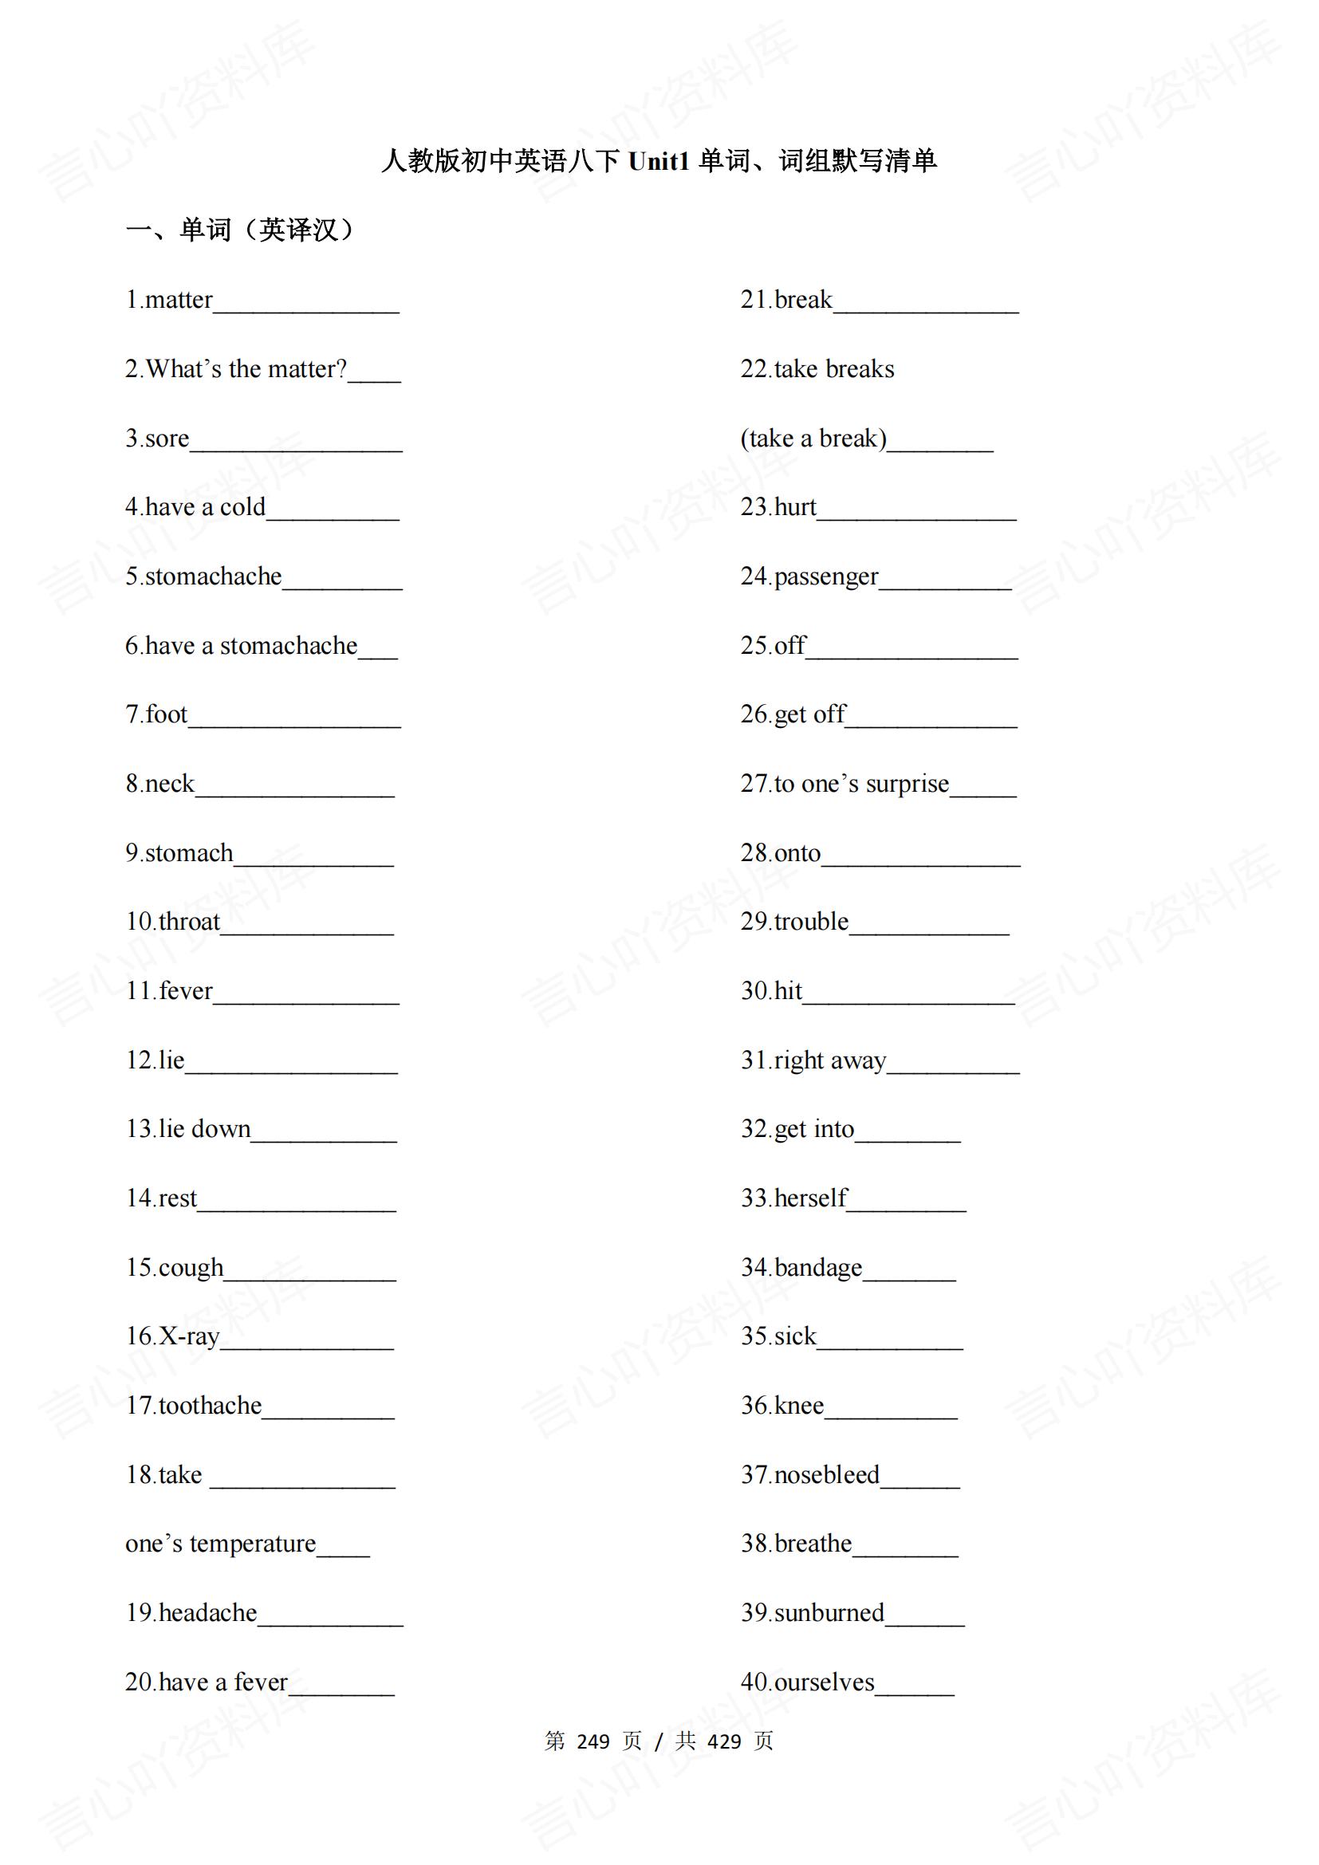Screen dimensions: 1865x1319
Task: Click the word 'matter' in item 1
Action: tap(179, 301)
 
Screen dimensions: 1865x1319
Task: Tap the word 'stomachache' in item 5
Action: tap(214, 576)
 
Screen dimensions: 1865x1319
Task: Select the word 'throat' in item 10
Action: tap(189, 922)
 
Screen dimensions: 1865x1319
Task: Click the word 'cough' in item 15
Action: tap(191, 1268)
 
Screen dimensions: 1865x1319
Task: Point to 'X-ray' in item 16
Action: tap(189, 1337)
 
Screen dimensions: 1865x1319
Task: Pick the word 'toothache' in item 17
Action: tap(211, 1406)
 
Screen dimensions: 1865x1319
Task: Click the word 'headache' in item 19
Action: tap(208, 1613)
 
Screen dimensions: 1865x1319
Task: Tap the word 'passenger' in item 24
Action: tap(826, 577)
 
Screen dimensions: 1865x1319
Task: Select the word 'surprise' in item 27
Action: tap(908, 784)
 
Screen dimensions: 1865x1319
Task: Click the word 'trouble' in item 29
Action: tap(811, 922)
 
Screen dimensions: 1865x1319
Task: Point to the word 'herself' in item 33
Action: tap(810, 1198)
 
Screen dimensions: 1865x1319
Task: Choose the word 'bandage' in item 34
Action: tap(819, 1268)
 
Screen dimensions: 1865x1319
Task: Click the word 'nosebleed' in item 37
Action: tap(827, 1475)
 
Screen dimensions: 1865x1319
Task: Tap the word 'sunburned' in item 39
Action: tap(829, 1613)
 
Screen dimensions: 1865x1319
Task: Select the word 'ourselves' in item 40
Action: tap(825, 1682)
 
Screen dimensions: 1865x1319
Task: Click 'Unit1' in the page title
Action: tap(659, 162)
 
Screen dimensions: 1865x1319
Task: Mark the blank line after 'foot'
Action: tap(294, 725)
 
